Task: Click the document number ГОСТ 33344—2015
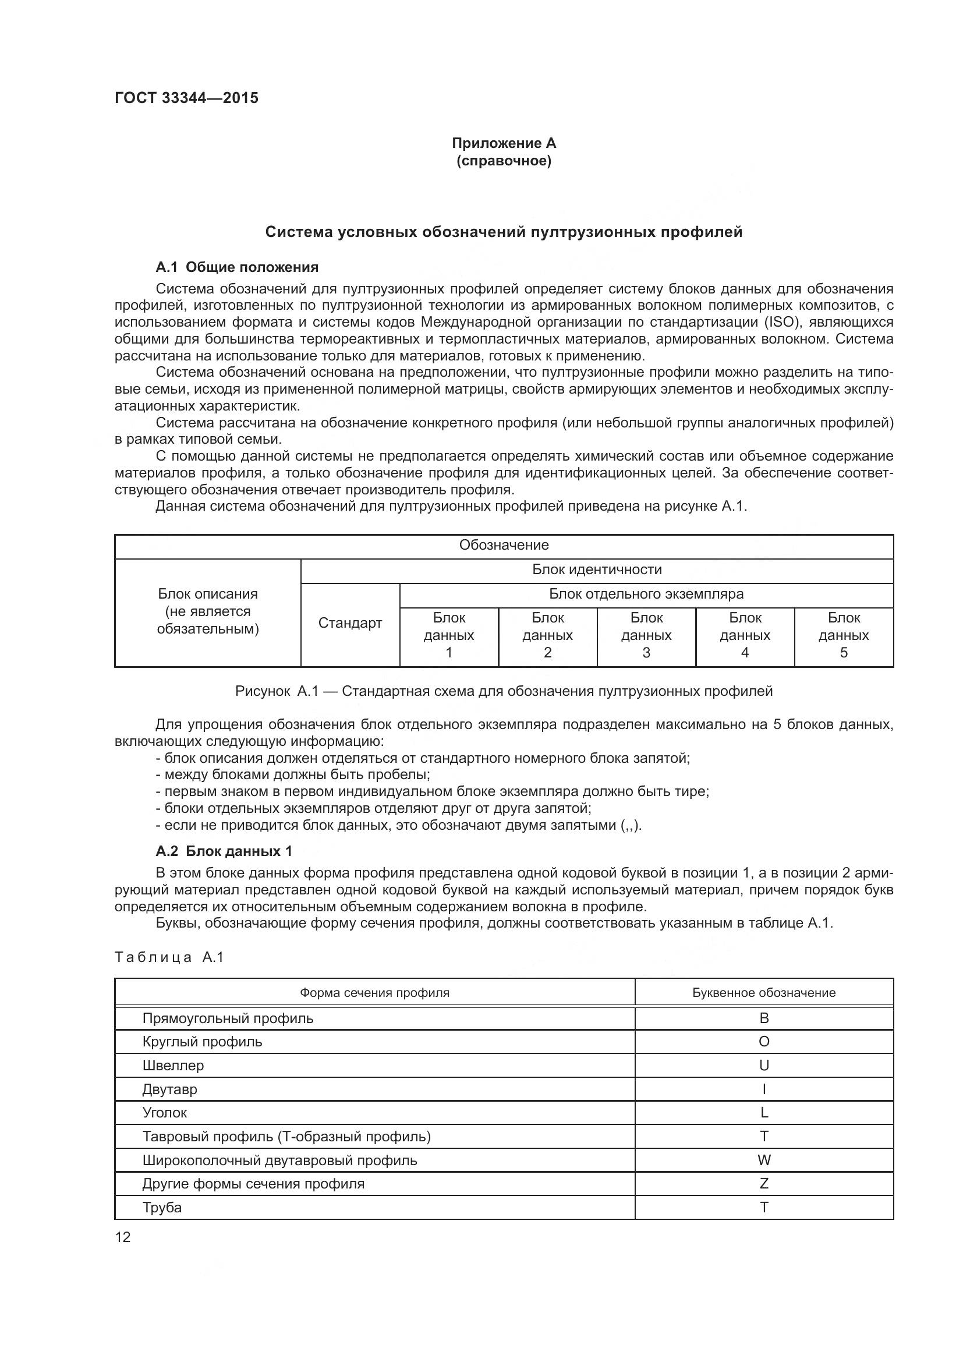pyautogui.click(x=186, y=98)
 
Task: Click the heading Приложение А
pyautogui.click(x=504, y=143)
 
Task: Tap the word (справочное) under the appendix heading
pyautogui.click(x=504, y=161)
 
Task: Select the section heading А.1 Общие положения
pyautogui.click(x=236, y=267)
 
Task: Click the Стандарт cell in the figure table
pyautogui.click(x=350, y=623)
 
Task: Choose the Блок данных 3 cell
pyautogui.click(x=646, y=635)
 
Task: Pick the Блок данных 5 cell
pyautogui.click(x=843, y=635)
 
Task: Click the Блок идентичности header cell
pyautogui.click(x=597, y=569)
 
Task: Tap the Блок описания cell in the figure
pyautogui.click(x=207, y=611)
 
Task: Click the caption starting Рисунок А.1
pyautogui.click(x=504, y=691)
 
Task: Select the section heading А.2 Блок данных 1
pyautogui.click(x=224, y=851)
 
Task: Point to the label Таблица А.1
pyautogui.click(x=169, y=957)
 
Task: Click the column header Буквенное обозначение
pyautogui.click(x=764, y=992)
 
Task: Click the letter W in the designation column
pyautogui.click(x=764, y=1160)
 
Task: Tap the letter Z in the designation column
pyautogui.click(x=764, y=1183)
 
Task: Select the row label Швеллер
pyautogui.click(x=172, y=1065)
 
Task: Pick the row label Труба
pyautogui.click(x=162, y=1207)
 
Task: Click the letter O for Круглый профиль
pyautogui.click(x=764, y=1041)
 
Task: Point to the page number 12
pyautogui.click(x=123, y=1237)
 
